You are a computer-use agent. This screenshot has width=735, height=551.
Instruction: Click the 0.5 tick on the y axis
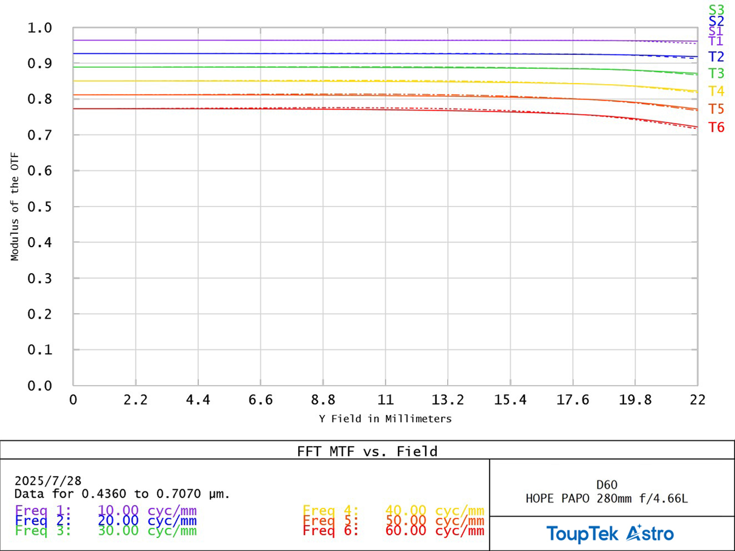click(x=39, y=207)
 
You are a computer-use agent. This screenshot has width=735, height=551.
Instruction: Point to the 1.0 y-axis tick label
click(x=39, y=28)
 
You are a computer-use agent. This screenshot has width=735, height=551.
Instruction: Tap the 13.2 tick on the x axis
click(x=448, y=400)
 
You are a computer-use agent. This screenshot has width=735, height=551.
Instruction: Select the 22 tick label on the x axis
click(x=697, y=400)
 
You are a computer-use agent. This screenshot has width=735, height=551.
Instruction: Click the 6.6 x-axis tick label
click(x=261, y=400)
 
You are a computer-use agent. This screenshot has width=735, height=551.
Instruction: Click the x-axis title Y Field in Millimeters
click(x=385, y=419)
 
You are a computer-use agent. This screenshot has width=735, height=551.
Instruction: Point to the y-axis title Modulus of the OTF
click(x=15, y=207)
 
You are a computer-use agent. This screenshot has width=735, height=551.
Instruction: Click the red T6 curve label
click(x=716, y=128)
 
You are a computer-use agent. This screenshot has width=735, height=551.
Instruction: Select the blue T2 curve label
click(x=716, y=57)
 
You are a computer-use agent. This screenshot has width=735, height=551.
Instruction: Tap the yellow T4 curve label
click(x=716, y=91)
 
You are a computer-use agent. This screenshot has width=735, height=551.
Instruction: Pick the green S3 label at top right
click(x=716, y=10)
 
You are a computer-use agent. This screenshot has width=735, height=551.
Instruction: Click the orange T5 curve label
click(x=716, y=109)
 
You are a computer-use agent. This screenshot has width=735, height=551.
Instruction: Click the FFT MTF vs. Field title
click(x=367, y=451)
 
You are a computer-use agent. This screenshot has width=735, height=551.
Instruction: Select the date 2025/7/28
click(x=48, y=481)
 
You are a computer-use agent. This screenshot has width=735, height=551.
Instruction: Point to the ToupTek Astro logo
click(x=610, y=534)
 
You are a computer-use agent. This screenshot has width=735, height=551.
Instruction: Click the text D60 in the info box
click(x=607, y=485)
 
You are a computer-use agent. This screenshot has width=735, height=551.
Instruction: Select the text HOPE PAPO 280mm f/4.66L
click(x=607, y=498)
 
